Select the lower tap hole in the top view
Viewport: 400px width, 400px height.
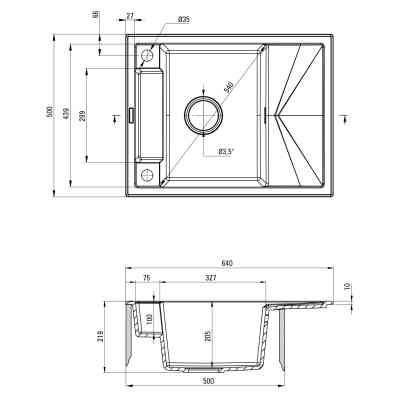[x=147, y=176]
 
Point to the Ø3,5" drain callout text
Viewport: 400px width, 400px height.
[x=226, y=151]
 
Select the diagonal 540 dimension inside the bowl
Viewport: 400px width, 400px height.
[x=230, y=85]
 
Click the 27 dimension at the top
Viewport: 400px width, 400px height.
[x=130, y=17]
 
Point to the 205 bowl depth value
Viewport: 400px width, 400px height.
[x=207, y=336]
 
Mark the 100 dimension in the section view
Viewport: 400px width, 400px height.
[x=149, y=319]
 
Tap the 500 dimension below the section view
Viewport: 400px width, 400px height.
[x=207, y=380]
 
